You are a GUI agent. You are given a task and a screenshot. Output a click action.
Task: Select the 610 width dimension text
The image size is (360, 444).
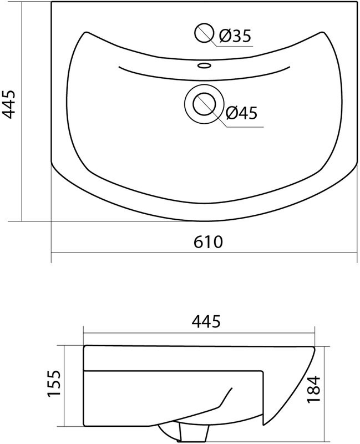pyautogui.click(x=208, y=242)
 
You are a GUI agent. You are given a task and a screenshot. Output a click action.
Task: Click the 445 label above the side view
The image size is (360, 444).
pyautogui.click(x=206, y=321)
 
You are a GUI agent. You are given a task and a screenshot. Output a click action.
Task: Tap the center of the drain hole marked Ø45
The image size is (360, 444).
pyautogui.click(x=204, y=104)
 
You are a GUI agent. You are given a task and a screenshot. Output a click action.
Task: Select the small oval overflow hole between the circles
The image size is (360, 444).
pyautogui.click(x=204, y=66)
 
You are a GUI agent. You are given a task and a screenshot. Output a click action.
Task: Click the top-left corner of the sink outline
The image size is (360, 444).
pyautogui.click(x=52, y=2)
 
